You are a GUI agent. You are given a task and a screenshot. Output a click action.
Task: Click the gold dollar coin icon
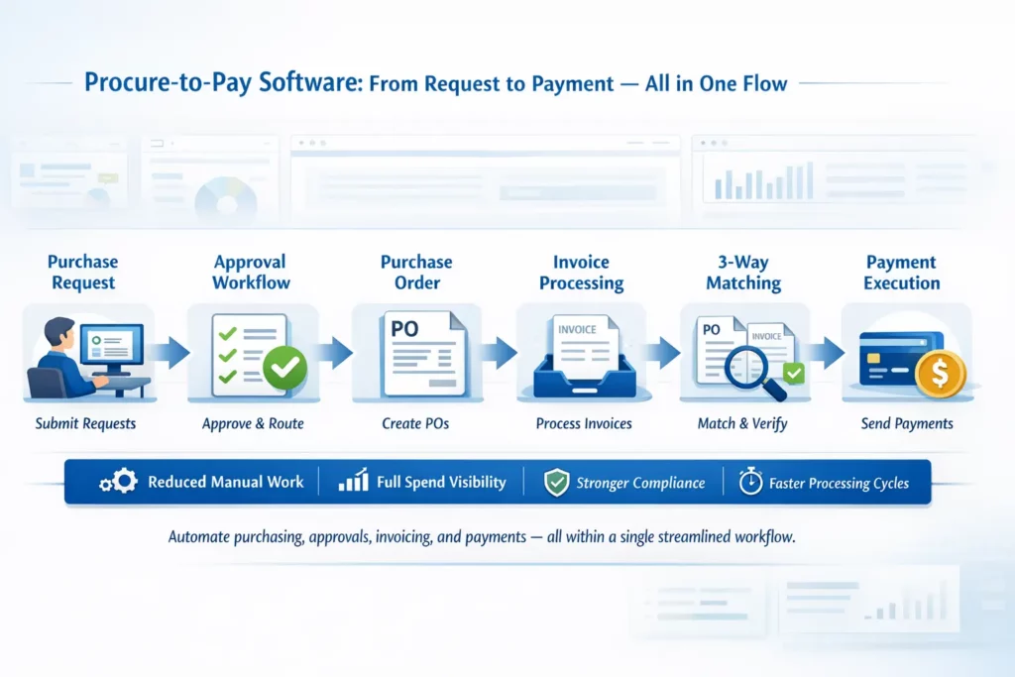937,375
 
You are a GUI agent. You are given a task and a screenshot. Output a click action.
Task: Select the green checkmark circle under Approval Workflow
284,369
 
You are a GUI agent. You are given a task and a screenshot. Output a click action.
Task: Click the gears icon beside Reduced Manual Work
118,483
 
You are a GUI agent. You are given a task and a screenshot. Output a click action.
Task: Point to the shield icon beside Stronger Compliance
556,483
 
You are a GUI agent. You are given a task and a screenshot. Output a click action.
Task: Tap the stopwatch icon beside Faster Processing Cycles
750,483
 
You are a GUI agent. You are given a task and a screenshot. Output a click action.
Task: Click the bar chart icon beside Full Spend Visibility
353,483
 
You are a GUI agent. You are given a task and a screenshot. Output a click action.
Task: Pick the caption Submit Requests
85,424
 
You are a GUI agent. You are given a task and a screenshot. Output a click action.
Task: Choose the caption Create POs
415,424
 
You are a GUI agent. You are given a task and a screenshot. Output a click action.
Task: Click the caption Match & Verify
742,424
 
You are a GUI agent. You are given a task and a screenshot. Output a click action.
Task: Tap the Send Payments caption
907,424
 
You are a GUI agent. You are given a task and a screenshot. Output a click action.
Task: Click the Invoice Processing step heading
581,273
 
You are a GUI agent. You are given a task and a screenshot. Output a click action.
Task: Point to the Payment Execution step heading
902,273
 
